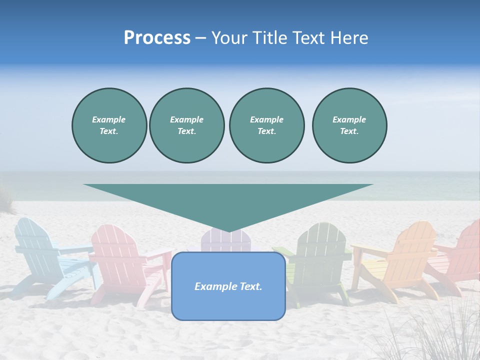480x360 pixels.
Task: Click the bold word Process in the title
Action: click(x=157, y=38)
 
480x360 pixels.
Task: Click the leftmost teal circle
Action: click(x=109, y=125)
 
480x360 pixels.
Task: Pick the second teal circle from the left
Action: click(x=186, y=125)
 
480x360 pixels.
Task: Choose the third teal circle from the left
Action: click(x=266, y=125)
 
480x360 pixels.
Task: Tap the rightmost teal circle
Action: click(x=349, y=125)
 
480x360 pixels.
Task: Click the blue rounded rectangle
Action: click(x=228, y=286)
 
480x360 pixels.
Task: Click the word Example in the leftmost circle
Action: click(x=108, y=119)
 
